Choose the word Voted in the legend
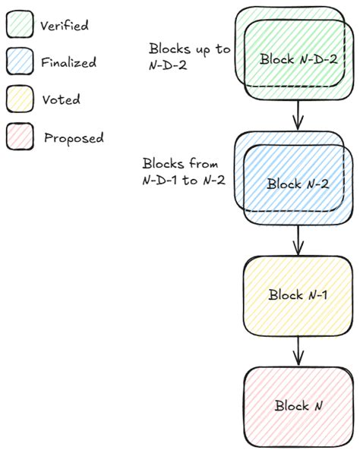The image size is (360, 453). point(62,99)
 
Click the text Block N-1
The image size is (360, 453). point(298,294)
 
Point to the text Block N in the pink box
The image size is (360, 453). point(297,406)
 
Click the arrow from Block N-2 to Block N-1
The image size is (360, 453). point(298,241)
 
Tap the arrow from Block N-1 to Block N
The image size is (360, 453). point(298,351)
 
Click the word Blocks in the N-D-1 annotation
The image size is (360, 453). point(162,163)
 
